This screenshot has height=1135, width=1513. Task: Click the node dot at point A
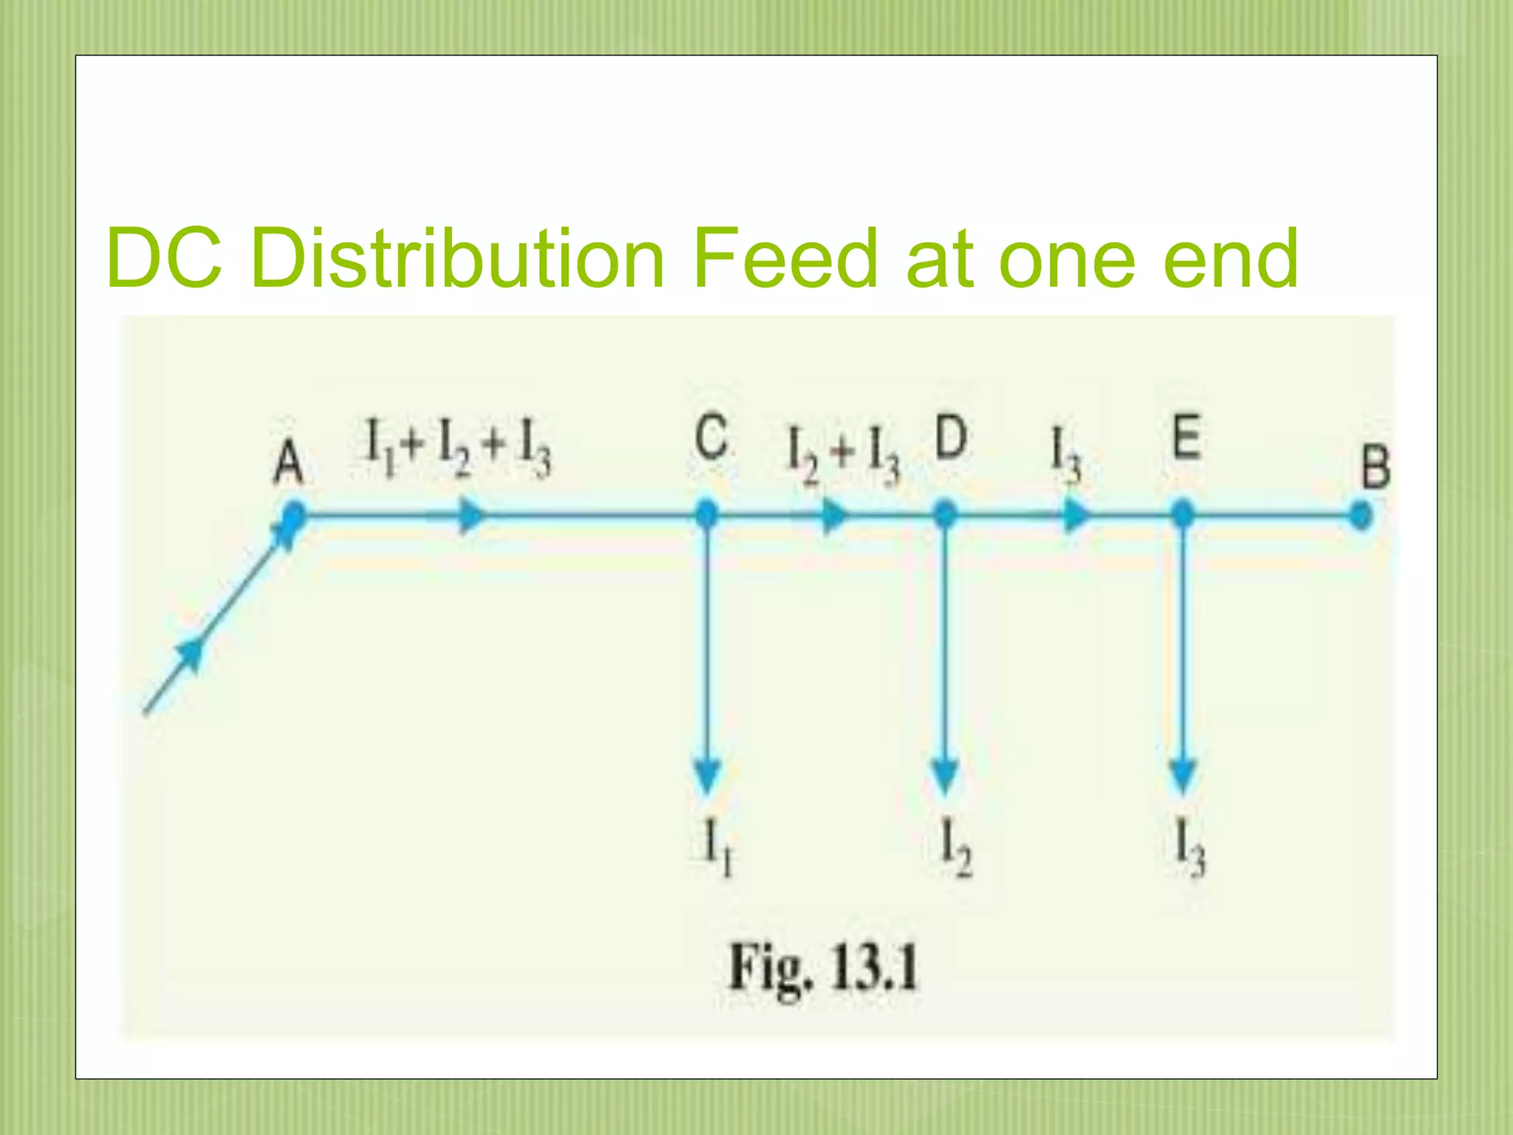pos(294,515)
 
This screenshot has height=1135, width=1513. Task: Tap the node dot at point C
pos(707,514)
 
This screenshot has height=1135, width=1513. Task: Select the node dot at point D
pos(946,514)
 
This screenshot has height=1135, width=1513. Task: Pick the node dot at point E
pos(1183,514)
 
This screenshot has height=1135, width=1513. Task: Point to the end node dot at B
pos(1360,515)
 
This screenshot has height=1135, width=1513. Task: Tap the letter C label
pos(711,438)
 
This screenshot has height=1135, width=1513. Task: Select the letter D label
pos(951,437)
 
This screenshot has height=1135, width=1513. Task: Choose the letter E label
pos(1186,437)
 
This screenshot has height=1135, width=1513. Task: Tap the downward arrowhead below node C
pos(708,776)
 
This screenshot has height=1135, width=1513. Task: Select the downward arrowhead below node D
pos(946,776)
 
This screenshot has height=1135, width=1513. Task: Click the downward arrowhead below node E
pos(1183,776)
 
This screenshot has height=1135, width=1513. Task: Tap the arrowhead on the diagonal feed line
pos(191,654)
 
